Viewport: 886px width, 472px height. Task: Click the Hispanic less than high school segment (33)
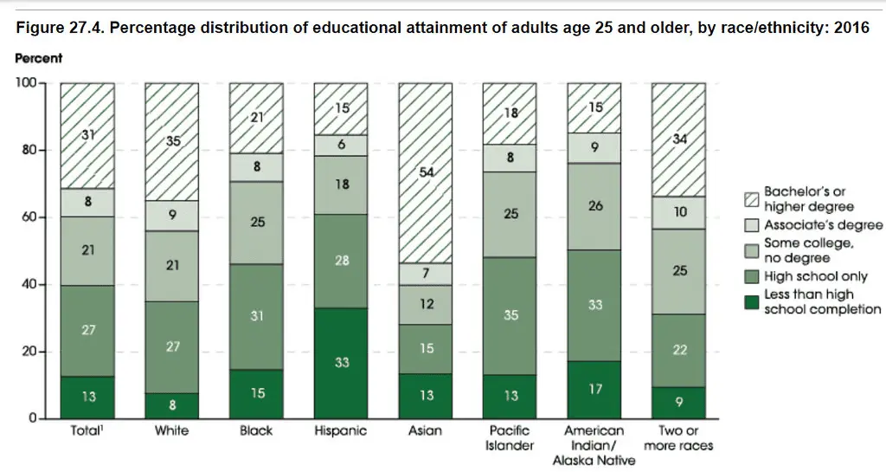[341, 363]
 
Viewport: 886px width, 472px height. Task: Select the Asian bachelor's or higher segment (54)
[425, 173]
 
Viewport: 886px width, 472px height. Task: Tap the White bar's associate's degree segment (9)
[172, 216]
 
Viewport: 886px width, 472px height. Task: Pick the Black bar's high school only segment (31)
[256, 317]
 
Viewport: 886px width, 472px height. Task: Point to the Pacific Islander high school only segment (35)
[510, 316]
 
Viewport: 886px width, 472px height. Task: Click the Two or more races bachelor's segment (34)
[678, 140]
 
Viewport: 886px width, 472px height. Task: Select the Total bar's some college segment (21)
[87, 250]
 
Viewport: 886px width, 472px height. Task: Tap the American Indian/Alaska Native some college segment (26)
[594, 207]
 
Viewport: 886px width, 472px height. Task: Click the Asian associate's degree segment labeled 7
[425, 274]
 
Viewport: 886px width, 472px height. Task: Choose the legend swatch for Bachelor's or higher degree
[751, 200]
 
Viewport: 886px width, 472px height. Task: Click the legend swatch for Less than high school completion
[751, 302]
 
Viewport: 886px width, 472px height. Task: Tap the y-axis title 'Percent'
[40, 58]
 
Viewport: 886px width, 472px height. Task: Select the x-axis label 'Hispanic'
[341, 430]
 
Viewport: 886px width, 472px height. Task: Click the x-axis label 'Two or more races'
[678, 437]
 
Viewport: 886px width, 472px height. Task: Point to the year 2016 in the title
[851, 28]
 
